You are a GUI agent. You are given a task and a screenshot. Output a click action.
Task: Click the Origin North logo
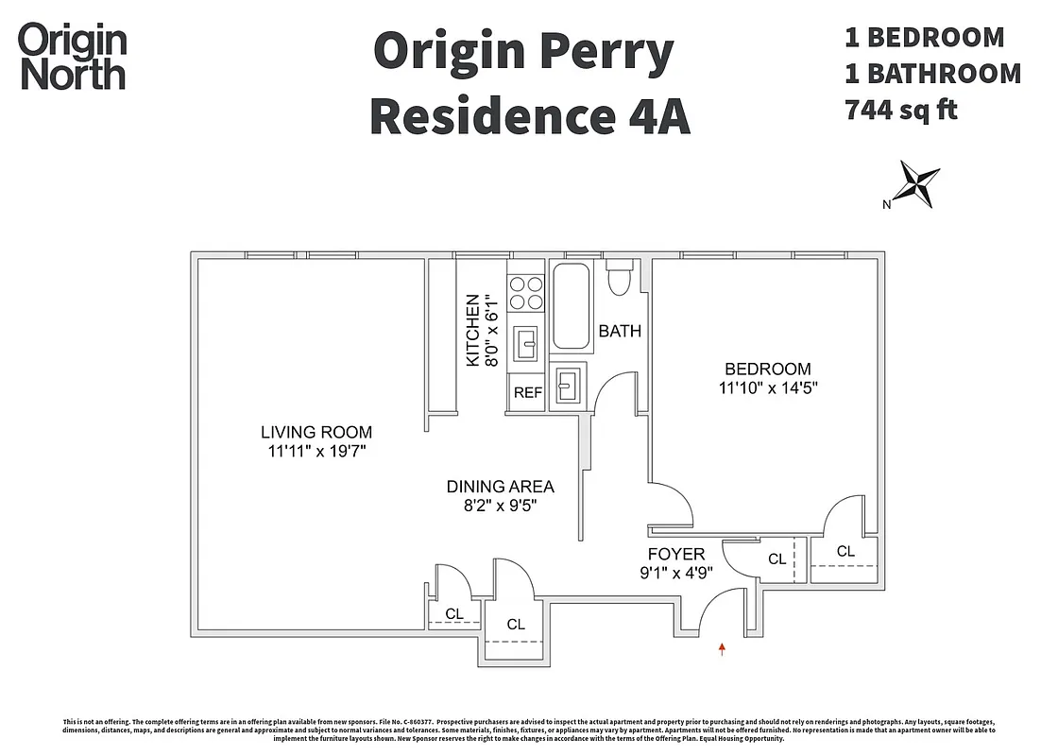[73, 57]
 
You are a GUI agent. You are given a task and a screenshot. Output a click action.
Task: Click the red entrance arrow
[723, 648]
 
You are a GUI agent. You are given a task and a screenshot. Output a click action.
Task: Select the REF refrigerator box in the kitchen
[527, 392]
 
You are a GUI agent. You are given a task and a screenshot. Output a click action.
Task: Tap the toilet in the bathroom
[620, 281]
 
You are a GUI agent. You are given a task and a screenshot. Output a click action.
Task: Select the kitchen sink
[526, 343]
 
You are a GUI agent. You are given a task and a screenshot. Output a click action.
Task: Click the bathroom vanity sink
[569, 385]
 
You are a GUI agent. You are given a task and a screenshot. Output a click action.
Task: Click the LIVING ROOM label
[316, 432]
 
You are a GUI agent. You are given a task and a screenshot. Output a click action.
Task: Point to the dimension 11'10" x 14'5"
[766, 387]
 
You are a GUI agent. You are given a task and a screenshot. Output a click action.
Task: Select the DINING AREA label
[500, 487]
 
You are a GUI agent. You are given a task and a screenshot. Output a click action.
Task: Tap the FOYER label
[675, 554]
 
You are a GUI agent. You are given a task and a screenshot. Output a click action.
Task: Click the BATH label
[619, 331]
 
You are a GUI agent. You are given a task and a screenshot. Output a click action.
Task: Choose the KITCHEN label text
[472, 330]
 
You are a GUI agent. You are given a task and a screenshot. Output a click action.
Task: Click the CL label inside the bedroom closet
[845, 551]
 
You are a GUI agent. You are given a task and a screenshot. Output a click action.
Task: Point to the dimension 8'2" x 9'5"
[500, 506]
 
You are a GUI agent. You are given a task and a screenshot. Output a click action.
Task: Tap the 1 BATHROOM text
[931, 74]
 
